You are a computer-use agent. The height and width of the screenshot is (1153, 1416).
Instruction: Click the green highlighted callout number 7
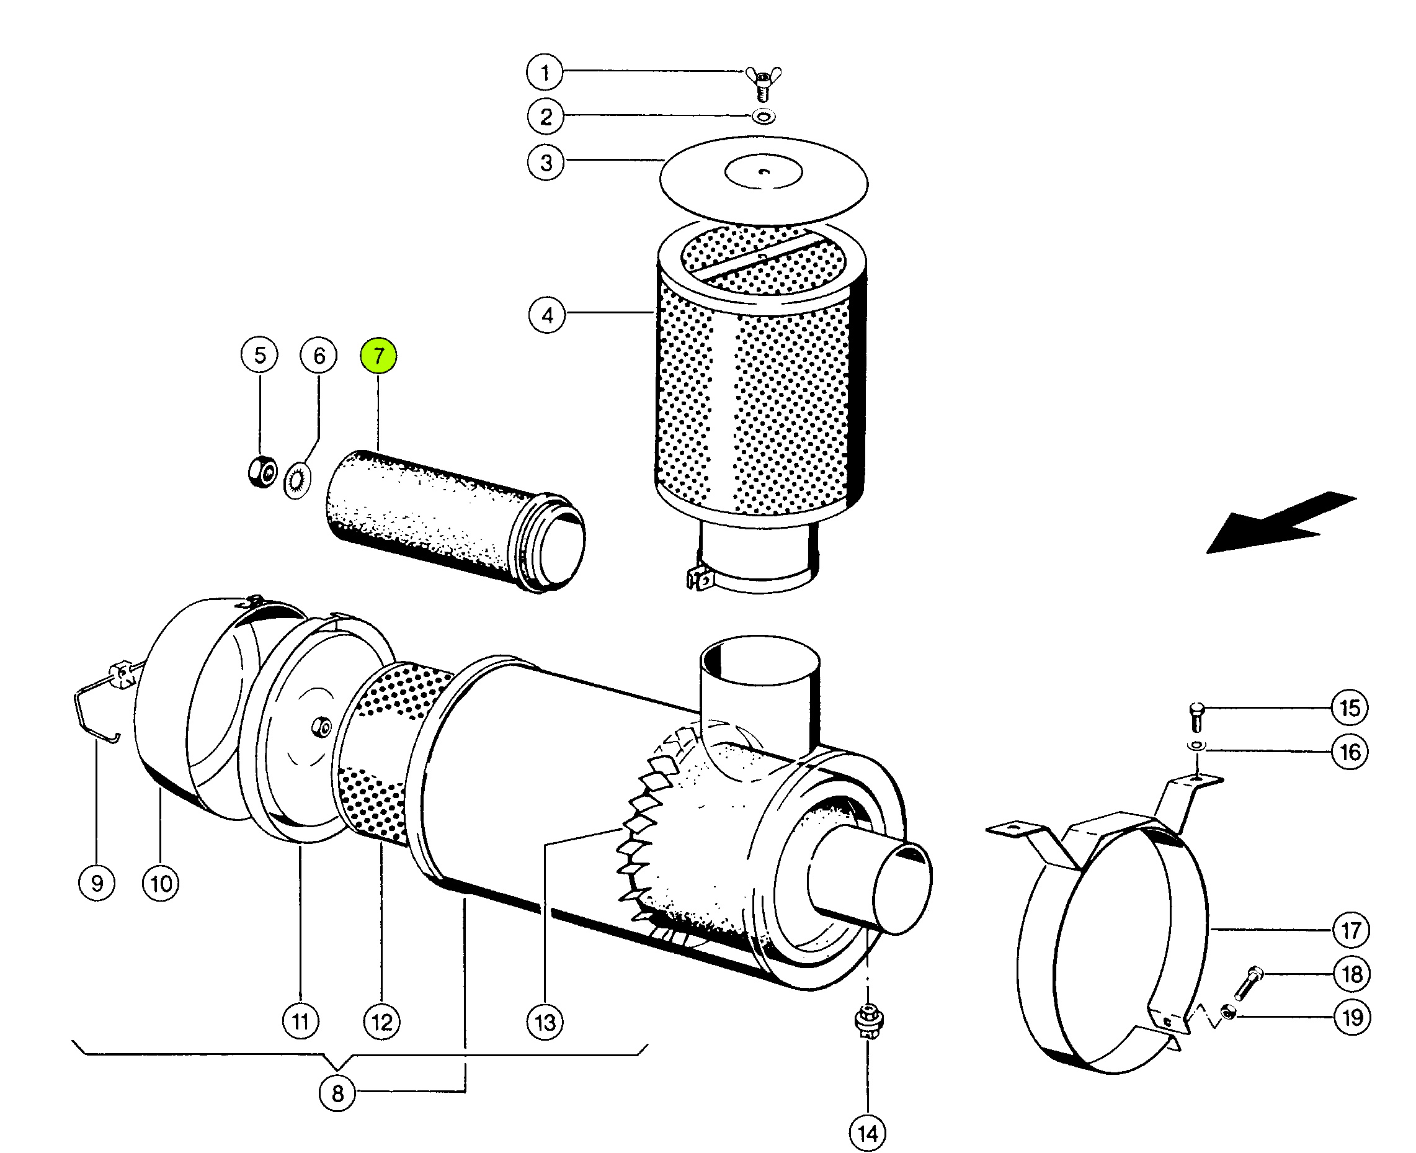pyautogui.click(x=378, y=356)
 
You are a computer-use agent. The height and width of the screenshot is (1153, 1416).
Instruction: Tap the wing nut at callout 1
pyautogui.click(x=763, y=82)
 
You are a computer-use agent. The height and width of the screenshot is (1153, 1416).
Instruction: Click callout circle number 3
pyautogui.click(x=546, y=163)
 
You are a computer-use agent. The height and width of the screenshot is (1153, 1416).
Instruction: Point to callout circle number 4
pyautogui.click(x=547, y=315)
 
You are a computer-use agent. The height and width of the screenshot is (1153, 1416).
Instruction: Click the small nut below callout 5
pyautogui.click(x=262, y=472)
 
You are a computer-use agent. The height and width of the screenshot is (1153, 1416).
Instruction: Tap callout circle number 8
pyautogui.click(x=337, y=1093)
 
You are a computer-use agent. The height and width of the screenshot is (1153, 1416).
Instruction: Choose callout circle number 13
pyautogui.click(x=545, y=1022)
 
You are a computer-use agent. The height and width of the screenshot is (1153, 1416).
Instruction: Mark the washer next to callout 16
pyautogui.click(x=1196, y=746)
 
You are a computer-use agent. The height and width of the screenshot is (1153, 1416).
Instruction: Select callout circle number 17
pyautogui.click(x=1351, y=930)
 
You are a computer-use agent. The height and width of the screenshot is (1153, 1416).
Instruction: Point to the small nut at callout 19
pyautogui.click(x=1228, y=1013)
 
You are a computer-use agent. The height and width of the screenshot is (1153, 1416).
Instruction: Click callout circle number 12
pyautogui.click(x=381, y=1021)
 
